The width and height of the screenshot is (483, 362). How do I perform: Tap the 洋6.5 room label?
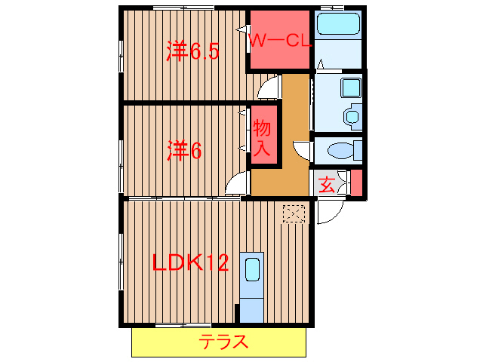[x=192, y=51]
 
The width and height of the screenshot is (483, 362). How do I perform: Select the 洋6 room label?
[x=184, y=151]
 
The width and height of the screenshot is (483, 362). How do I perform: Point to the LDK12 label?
[x=190, y=263]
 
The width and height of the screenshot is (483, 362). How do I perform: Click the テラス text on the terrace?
[x=224, y=342]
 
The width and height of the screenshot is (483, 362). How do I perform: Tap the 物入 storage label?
[x=262, y=137]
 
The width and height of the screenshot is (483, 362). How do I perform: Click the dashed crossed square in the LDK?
[x=294, y=213]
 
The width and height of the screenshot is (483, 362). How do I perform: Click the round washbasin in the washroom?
[x=351, y=117]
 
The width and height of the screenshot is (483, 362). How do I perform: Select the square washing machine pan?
[x=351, y=87]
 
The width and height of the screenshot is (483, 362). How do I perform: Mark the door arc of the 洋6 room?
[x=238, y=183]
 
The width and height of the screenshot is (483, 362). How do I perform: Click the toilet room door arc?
[x=303, y=150]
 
